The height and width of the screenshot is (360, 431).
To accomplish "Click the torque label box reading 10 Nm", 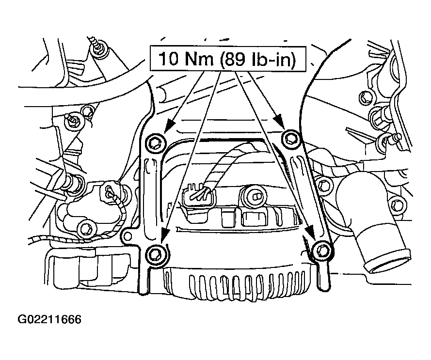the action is [x=228, y=59].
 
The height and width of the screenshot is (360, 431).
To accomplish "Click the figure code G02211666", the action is [x=49, y=319].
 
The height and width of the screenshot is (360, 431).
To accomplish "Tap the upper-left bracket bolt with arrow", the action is [x=156, y=142].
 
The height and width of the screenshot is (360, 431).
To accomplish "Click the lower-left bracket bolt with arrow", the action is [x=155, y=254].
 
